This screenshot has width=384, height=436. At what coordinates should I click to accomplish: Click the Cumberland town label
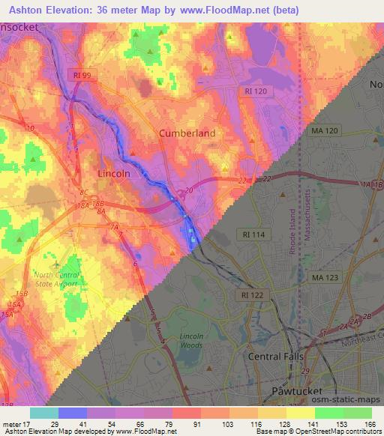tap(187, 133)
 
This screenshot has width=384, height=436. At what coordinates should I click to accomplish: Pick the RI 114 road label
tap(254, 234)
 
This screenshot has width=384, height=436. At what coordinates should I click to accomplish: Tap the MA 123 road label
tap(325, 277)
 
